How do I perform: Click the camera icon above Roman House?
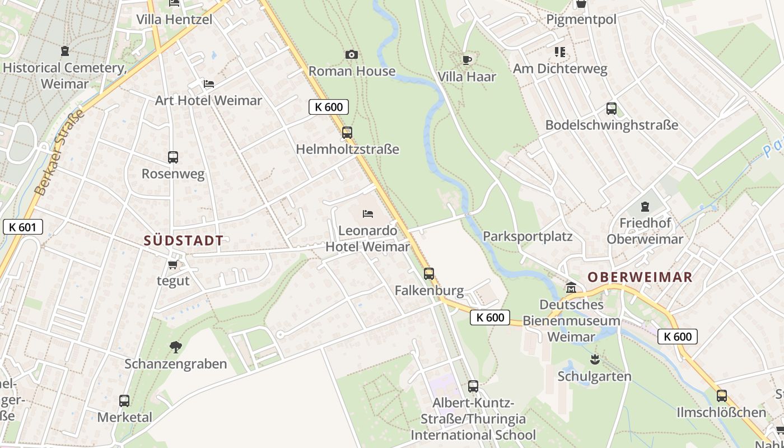point(351,54)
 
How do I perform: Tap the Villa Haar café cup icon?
point(467,60)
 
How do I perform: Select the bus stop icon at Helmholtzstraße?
point(347,133)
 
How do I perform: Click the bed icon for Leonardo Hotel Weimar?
point(368,214)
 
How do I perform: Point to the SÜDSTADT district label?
point(184,241)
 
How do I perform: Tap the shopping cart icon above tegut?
point(172,264)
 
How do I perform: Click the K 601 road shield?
point(22,227)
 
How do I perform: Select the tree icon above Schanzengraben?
point(176,347)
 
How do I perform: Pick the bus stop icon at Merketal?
point(124,401)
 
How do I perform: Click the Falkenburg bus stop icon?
point(429,274)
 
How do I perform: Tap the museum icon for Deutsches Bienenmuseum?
point(571,288)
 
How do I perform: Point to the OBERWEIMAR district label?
point(640,277)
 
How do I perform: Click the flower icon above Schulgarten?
point(595,359)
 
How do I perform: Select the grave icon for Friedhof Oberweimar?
point(645,207)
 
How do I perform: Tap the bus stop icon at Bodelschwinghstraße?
point(612,109)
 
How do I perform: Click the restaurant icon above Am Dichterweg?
point(560,52)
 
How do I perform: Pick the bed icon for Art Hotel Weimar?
point(208,84)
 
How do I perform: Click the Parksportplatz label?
point(528,236)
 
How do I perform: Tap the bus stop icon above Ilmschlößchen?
point(721,396)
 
